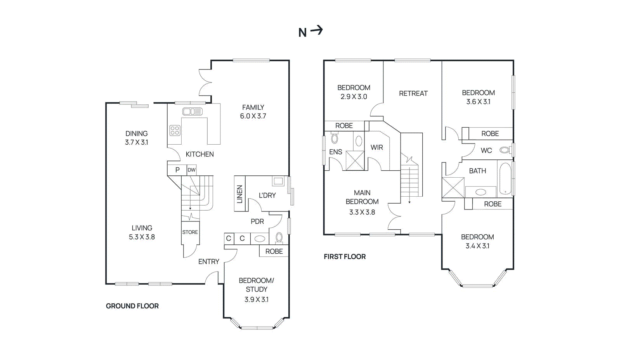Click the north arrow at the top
click(x=310, y=31)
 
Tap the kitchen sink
click(x=192, y=112)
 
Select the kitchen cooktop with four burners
click(x=175, y=130)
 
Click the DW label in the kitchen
click(x=191, y=170)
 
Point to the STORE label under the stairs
click(x=190, y=232)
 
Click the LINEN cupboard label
click(x=239, y=194)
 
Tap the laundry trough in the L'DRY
click(x=278, y=181)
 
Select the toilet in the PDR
click(x=279, y=237)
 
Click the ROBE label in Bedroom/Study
click(x=274, y=251)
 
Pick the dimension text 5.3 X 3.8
click(x=142, y=237)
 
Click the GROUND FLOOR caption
click(x=132, y=306)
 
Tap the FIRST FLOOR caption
click(x=345, y=257)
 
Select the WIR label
click(x=376, y=147)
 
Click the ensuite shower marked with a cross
click(x=355, y=161)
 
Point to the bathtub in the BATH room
click(x=505, y=178)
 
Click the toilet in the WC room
click(x=504, y=150)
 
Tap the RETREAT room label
click(x=413, y=93)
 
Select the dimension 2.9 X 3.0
click(x=354, y=97)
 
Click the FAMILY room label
click(x=253, y=107)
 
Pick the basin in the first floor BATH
click(x=480, y=192)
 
